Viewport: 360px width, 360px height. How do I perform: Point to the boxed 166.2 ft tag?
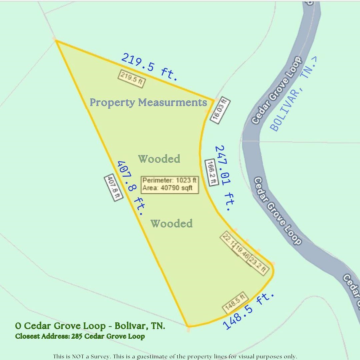click(211, 172)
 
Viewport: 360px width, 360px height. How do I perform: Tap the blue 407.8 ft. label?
click(130, 188)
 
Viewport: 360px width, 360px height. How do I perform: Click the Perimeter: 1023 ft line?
click(170, 180)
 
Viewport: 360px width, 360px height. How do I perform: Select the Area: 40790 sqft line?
click(167, 188)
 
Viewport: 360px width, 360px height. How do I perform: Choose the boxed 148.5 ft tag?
click(235, 302)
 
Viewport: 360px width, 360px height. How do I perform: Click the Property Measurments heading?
click(148, 102)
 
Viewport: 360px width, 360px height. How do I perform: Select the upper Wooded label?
click(159, 159)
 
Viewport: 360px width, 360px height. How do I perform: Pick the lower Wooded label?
click(171, 223)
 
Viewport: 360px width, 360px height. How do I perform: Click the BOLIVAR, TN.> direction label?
click(293, 94)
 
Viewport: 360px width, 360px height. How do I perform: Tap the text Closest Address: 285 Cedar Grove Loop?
click(80, 336)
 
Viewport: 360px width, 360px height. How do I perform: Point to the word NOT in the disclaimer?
click(78, 356)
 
